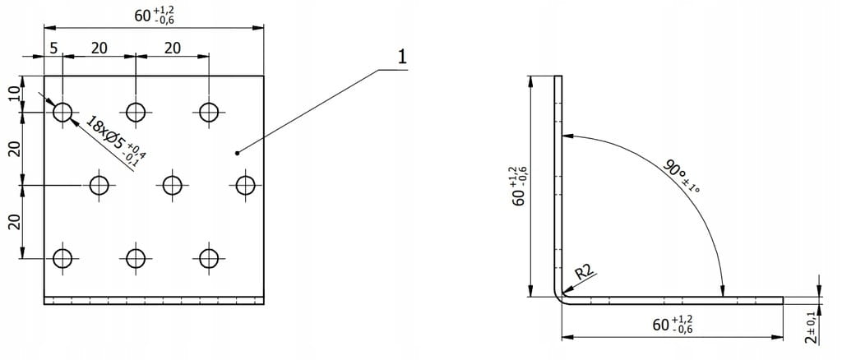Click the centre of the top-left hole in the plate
tap(62, 112)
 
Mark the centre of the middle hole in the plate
tap(173, 186)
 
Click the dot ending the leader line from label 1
tap(237, 154)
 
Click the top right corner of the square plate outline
tap(264, 76)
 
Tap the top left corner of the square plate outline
tap(44, 76)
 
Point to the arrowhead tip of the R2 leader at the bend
tap(562, 293)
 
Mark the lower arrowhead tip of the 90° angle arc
tap(723, 296)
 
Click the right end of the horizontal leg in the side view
tap(783, 299)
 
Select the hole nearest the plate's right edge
tap(245, 186)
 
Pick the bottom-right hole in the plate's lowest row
tap(209, 259)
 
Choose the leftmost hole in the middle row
tap(99, 186)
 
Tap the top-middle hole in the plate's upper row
tap(136, 112)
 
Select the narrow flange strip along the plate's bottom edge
tap(154, 301)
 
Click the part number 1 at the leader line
tap(401, 58)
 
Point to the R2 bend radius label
tap(585, 272)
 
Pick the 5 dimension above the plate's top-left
tap(53, 48)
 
